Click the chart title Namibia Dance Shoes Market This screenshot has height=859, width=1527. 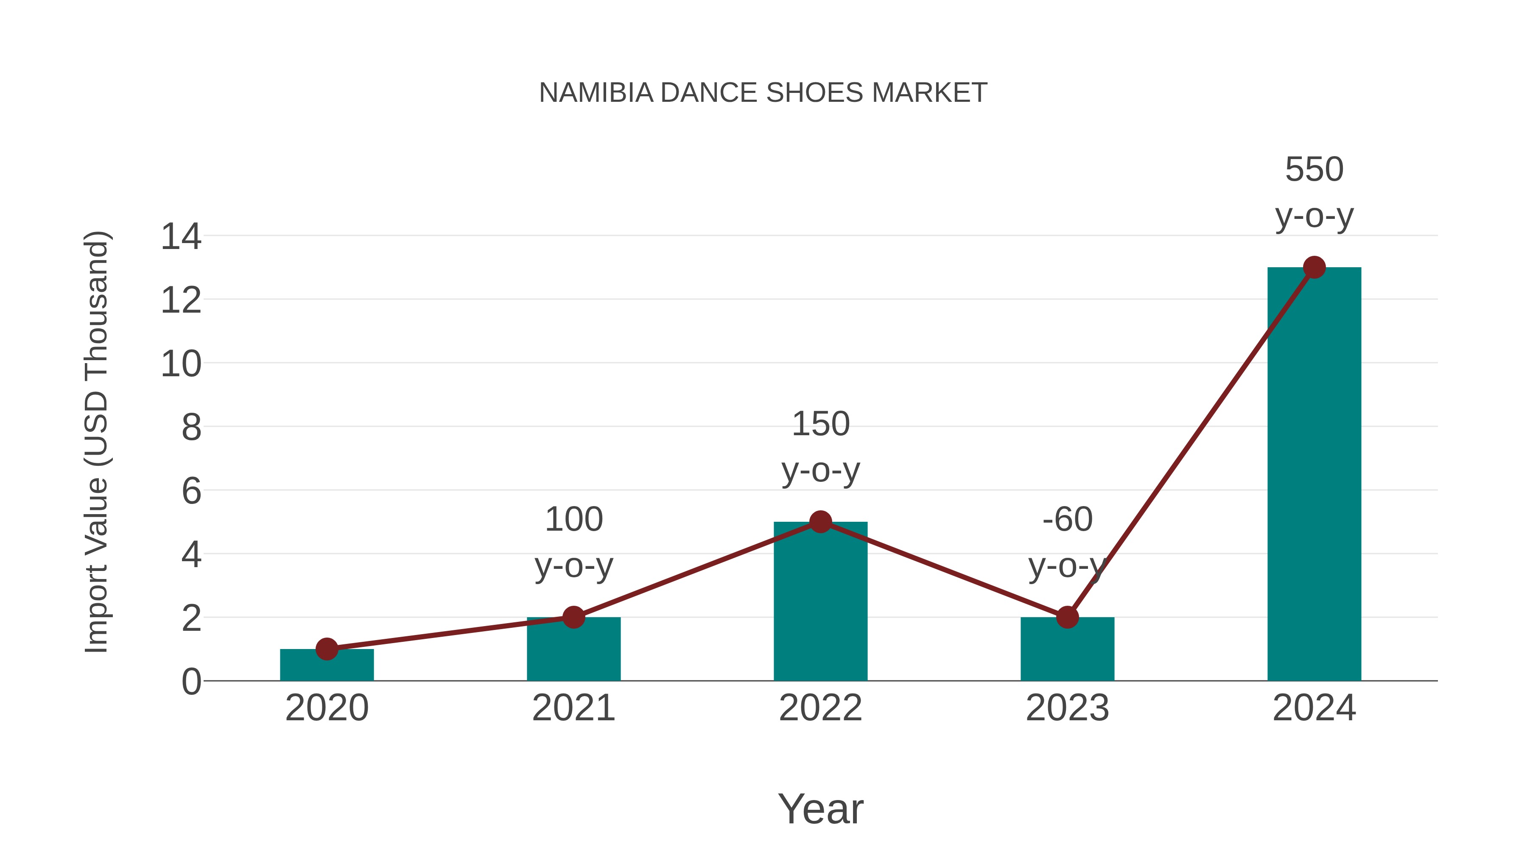pyautogui.click(x=763, y=93)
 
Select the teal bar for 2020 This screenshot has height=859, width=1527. pyautogui.click(x=327, y=666)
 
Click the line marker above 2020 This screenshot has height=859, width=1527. pyautogui.click(x=327, y=649)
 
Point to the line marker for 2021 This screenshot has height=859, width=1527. pyautogui.click(x=574, y=617)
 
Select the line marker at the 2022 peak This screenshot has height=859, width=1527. pyautogui.click(x=820, y=522)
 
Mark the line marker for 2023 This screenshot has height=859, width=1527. pyautogui.click(x=1067, y=617)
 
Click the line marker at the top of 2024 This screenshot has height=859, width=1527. pyautogui.click(x=1314, y=267)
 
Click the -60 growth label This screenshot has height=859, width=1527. pyautogui.click(x=1067, y=520)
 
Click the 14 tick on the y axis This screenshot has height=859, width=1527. pyautogui.click(x=182, y=237)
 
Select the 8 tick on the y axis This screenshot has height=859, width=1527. pyautogui.click(x=191, y=428)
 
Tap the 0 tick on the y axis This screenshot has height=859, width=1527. pyautogui.click(x=191, y=682)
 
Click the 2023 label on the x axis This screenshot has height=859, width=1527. pyautogui.click(x=1067, y=708)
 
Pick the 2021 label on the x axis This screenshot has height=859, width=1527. pyautogui.click(x=574, y=708)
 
